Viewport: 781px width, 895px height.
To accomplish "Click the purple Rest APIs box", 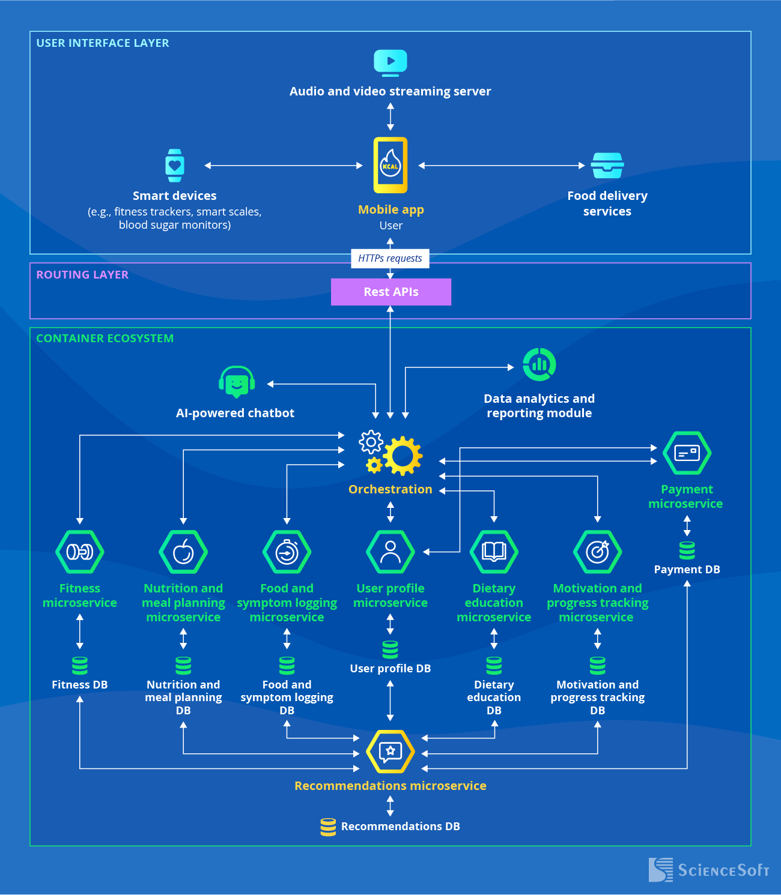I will click(x=390, y=292).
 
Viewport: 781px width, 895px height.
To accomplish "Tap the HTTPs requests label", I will click(x=390, y=258).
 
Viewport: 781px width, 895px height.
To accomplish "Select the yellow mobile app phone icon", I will click(x=390, y=165).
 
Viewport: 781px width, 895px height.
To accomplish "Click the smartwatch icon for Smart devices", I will click(x=175, y=165).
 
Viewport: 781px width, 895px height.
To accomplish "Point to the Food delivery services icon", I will click(x=607, y=165).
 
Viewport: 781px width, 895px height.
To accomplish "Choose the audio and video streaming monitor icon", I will click(x=390, y=62).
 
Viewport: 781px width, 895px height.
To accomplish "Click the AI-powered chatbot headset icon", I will click(x=236, y=382).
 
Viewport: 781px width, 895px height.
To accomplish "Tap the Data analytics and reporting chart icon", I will click(x=539, y=364).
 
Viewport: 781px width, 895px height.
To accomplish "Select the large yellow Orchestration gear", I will click(x=403, y=456).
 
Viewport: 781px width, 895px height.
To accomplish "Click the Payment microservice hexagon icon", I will click(x=687, y=453).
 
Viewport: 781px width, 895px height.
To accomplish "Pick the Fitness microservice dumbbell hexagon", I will click(x=80, y=552).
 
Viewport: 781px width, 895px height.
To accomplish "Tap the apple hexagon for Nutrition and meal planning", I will click(x=183, y=552).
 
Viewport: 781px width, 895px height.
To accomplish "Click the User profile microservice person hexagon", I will click(x=390, y=552).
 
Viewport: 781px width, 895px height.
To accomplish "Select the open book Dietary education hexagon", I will click(x=494, y=552).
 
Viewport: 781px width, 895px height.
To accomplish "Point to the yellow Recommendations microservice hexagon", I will click(x=390, y=751).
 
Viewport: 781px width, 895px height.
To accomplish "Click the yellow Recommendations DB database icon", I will click(x=328, y=827).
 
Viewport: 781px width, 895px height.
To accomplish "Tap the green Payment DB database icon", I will click(x=687, y=550).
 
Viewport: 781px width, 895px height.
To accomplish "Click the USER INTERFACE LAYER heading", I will click(x=103, y=43).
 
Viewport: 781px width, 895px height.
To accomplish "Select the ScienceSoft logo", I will click(x=708, y=870).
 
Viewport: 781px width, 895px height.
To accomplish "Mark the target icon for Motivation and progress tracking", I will click(x=597, y=552).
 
